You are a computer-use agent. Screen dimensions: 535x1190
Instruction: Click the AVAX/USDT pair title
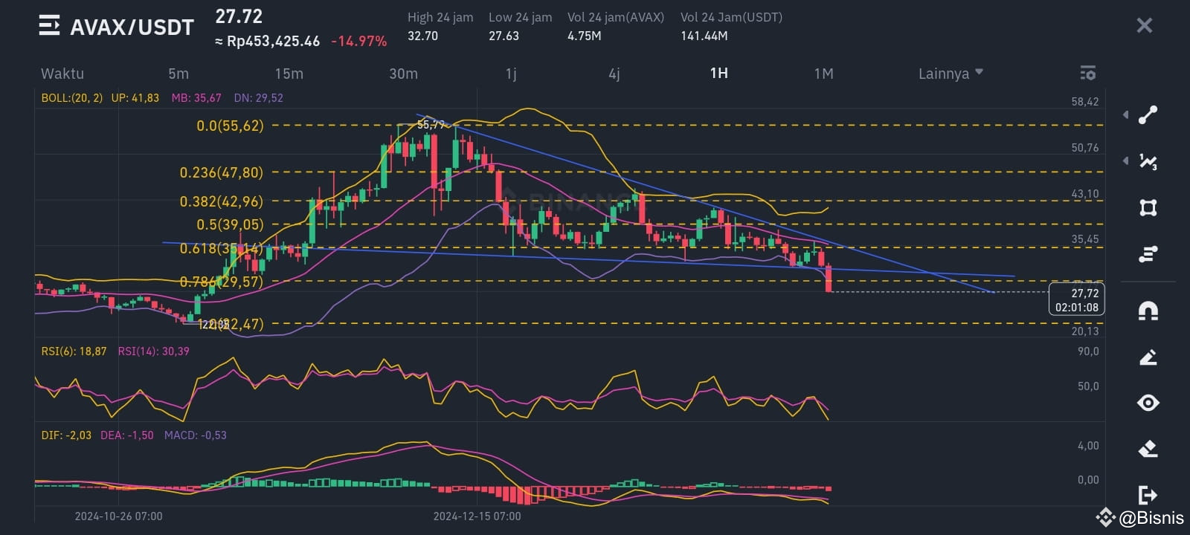click(132, 27)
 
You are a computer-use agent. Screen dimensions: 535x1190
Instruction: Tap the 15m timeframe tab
click(289, 74)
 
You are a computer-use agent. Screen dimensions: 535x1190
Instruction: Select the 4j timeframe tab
click(614, 74)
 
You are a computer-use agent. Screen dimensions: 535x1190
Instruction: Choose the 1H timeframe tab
click(718, 73)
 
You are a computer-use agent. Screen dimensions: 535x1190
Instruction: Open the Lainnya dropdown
click(950, 74)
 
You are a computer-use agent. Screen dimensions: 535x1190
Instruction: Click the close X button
click(1144, 26)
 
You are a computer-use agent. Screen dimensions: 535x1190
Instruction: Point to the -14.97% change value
click(358, 42)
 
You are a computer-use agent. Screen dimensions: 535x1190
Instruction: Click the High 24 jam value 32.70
click(422, 36)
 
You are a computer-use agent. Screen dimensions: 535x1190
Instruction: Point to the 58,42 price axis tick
click(1084, 102)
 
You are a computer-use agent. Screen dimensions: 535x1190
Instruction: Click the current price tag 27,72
click(1076, 294)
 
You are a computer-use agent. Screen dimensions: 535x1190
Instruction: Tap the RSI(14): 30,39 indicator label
click(153, 351)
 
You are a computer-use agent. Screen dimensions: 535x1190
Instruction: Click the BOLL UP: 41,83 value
click(135, 98)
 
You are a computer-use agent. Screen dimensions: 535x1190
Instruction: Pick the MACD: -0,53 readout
click(195, 435)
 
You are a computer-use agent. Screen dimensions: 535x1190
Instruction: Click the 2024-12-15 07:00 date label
click(477, 516)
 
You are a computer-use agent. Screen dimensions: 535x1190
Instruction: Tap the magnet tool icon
click(1148, 310)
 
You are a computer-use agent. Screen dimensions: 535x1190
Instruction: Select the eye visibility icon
click(1148, 403)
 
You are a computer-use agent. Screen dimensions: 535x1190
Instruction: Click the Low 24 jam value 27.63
click(504, 36)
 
